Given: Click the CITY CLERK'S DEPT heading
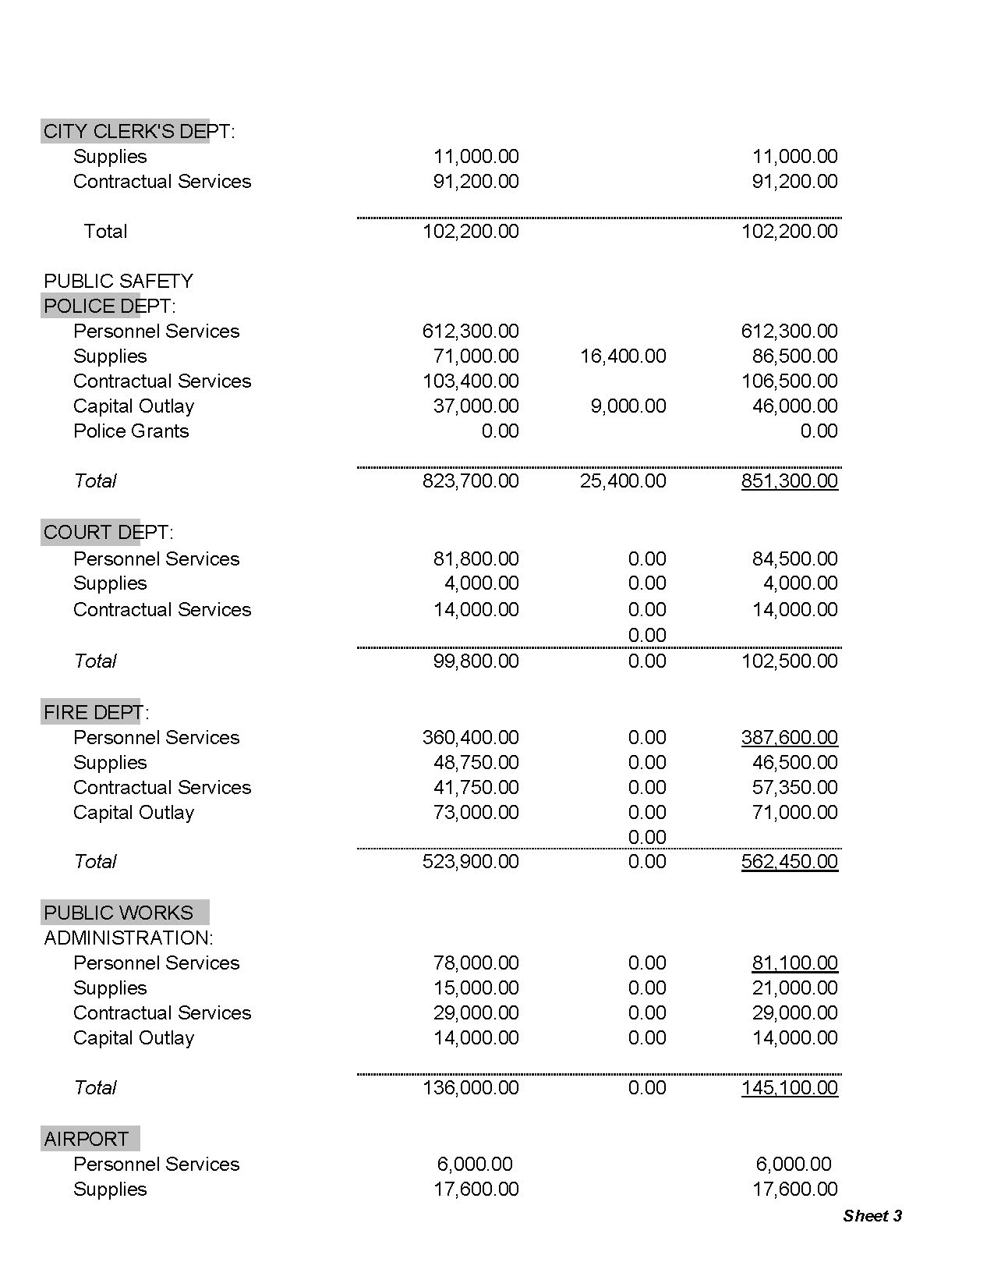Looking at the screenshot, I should tap(138, 131).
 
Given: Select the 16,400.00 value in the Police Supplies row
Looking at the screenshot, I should tap(623, 356).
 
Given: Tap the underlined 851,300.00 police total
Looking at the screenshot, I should tap(789, 480).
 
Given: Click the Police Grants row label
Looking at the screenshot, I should tap(131, 431).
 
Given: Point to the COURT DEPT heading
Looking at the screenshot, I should tap(108, 532).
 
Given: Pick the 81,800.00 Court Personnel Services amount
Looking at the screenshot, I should tap(476, 558).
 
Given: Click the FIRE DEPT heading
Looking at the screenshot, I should tap(95, 712).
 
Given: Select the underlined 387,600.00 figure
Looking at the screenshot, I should tap(789, 737).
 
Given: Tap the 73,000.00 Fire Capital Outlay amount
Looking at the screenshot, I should tap(476, 812).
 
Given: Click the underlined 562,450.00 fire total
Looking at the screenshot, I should tap(789, 861).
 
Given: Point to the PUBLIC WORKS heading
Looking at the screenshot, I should tap(119, 913).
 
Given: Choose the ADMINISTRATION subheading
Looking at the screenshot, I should tap(128, 938).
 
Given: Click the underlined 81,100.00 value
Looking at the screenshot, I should tap(794, 963).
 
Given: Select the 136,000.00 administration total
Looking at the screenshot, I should tap(470, 1087).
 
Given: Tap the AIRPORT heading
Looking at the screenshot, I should tap(86, 1139).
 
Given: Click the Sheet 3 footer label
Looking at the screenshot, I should tap(872, 1215).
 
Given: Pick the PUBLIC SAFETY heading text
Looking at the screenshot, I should tap(118, 281).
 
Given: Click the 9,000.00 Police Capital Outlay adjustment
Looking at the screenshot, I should tap(628, 406).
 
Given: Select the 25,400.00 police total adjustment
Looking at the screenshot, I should tap(623, 480).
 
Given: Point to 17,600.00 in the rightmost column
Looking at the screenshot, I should tap(794, 1189).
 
